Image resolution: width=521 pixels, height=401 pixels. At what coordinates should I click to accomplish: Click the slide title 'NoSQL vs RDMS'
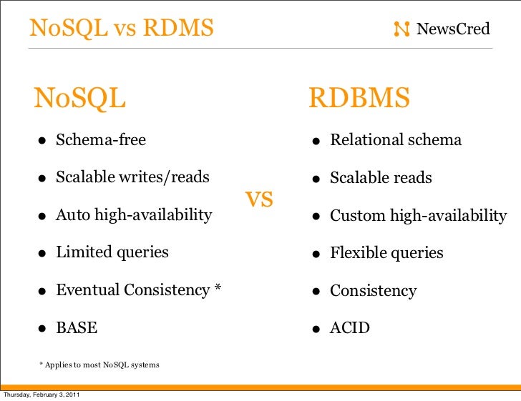pos(122,29)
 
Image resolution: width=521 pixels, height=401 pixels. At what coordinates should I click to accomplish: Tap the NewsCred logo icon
pos(402,29)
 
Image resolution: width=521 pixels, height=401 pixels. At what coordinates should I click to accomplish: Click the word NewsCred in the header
pos(453,29)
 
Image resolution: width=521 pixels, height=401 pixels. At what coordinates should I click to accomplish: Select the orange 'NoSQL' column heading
pos(80,99)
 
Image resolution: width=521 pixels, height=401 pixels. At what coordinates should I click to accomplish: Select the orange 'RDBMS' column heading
pos(359,99)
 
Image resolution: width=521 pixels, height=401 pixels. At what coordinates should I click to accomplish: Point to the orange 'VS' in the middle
pos(260,199)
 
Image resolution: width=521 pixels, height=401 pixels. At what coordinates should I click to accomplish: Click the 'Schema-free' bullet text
pos(101,140)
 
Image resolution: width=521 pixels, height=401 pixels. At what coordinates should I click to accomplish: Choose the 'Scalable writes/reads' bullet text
pos(132,177)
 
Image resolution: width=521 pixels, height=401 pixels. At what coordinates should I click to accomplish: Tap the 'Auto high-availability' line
pos(134,214)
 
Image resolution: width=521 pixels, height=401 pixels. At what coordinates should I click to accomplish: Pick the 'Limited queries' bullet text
pos(112,252)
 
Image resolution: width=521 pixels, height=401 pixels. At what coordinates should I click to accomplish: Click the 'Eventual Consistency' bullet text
pos(133,290)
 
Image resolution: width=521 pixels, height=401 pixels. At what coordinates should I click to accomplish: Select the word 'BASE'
pos(77,328)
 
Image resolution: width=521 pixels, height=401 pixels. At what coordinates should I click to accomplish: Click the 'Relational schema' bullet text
pos(396,140)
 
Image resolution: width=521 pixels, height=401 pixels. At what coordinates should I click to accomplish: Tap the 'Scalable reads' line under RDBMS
pos(381,178)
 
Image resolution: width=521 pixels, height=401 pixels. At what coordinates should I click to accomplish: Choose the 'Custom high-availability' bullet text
pos(418,216)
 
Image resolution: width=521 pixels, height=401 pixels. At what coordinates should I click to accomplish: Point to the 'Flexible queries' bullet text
pos(386,253)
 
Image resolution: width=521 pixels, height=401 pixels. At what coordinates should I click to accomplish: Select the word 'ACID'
pos(350,329)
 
